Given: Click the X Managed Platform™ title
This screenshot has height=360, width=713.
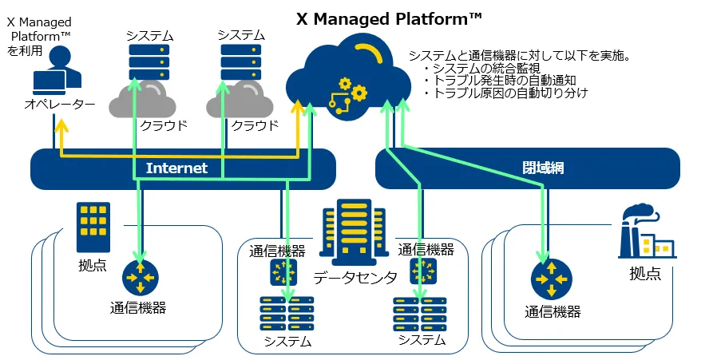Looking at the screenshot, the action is (389, 19).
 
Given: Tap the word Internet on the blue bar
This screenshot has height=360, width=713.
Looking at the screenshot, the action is (176, 168).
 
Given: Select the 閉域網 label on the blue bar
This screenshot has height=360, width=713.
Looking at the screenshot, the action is (543, 168).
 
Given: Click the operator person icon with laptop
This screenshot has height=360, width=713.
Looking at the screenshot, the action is (57, 70).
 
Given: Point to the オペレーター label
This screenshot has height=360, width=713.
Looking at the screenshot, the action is (60, 104).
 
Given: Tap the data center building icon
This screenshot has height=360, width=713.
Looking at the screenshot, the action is (355, 232).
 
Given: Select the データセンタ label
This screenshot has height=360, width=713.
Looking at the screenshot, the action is (355, 277).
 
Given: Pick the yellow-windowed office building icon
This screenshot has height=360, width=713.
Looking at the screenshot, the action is (93, 227).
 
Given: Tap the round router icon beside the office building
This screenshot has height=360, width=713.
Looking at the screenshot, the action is (140, 277).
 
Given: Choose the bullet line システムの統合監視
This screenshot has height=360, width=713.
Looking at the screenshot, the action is (482, 69).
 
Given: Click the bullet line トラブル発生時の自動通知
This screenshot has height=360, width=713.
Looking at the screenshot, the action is (500, 81).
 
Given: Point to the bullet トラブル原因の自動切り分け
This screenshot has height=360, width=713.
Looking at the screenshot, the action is (505, 93).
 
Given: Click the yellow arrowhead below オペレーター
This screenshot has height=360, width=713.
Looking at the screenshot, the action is (61, 126).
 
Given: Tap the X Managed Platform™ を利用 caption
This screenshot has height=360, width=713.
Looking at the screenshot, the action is (39, 37).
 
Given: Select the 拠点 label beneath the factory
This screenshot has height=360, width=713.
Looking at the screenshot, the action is (645, 274).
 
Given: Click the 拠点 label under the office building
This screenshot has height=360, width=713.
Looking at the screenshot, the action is (93, 266).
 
